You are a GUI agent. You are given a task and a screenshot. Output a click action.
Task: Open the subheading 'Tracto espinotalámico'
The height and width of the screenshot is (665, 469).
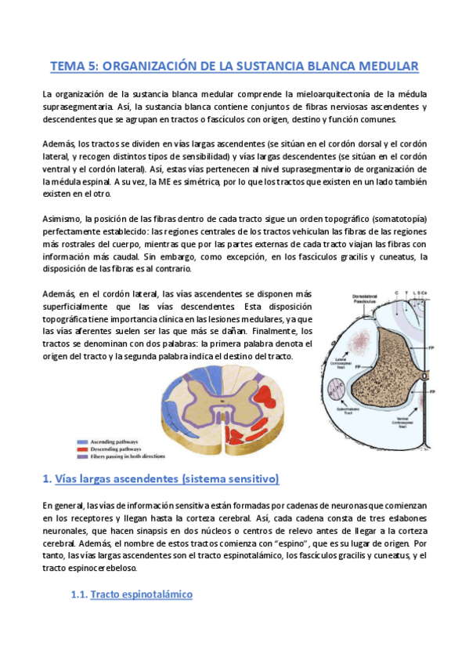click(x=141, y=595)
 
